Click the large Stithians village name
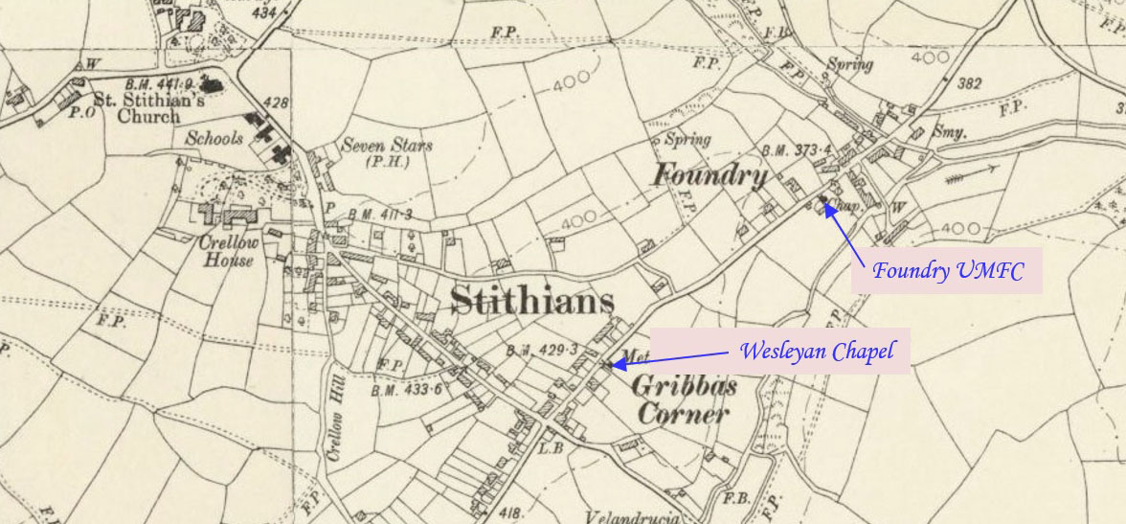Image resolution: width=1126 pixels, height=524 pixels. click(531, 300)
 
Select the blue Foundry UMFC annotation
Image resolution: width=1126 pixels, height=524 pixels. click(947, 271)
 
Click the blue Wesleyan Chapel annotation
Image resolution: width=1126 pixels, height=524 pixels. click(816, 352)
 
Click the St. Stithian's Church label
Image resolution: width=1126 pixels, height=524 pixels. click(135, 107)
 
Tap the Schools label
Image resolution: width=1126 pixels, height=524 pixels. click(214, 138)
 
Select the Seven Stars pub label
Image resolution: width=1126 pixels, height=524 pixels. click(387, 152)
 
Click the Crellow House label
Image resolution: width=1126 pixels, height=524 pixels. click(227, 251)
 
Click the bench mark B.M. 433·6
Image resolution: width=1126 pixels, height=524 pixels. click(407, 390)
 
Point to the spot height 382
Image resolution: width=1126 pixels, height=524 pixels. click(969, 84)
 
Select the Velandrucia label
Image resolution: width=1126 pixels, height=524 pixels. click(632, 517)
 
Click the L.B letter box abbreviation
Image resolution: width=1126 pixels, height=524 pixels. click(550, 446)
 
